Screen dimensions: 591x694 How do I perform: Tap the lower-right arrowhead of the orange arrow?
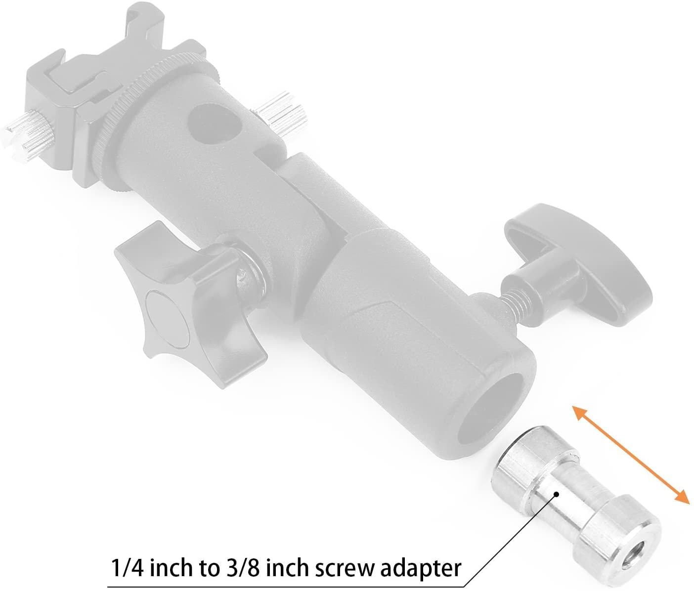point(683,497)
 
